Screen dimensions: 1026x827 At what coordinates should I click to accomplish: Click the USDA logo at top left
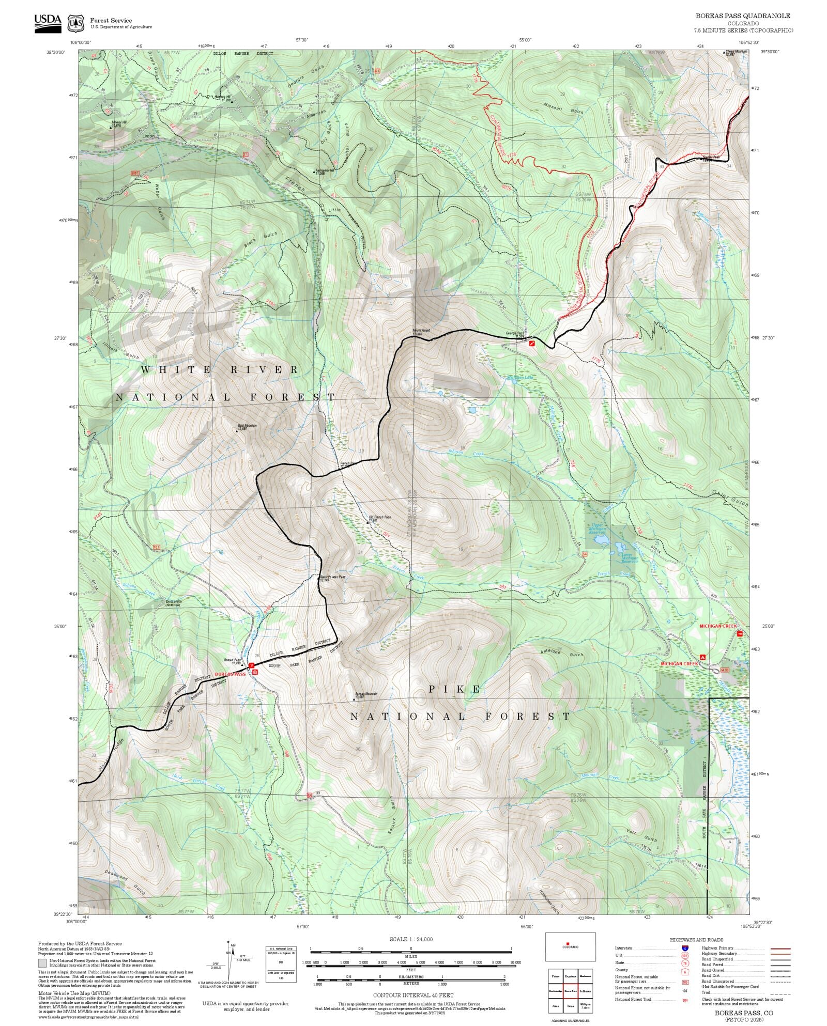coord(48,23)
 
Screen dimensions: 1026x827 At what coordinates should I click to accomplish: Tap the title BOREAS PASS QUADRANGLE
coord(742,16)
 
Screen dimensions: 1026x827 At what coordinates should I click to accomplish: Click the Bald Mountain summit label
coord(246,427)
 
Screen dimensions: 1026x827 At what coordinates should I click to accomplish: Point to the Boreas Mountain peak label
coord(365,695)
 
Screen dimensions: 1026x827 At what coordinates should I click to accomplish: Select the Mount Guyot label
coord(421,331)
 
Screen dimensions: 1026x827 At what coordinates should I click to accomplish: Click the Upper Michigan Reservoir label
coord(597,528)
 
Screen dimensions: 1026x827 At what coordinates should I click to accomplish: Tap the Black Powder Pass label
coord(332,578)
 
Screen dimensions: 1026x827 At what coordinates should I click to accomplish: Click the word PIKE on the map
coord(455,689)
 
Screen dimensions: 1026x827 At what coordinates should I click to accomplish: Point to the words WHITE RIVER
coord(220,369)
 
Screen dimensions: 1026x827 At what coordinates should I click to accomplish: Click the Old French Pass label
coord(379,518)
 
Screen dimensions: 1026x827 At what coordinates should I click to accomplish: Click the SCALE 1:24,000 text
coord(411,939)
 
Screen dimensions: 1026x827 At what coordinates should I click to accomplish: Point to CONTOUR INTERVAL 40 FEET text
coord(413,994)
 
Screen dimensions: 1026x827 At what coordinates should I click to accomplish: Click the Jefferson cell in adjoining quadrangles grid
coord(586,991)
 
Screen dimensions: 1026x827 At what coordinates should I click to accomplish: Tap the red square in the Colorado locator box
coord(568,943)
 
